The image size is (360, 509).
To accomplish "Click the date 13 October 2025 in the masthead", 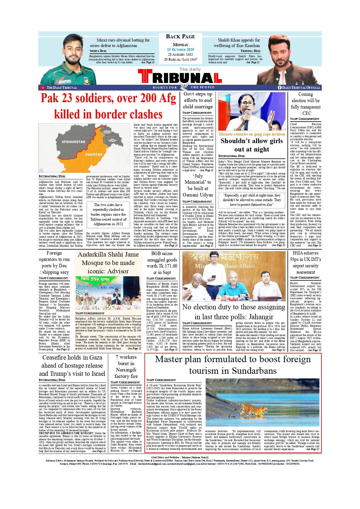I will [x=180, y=50].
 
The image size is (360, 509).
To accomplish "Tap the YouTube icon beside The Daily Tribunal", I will [x=43, y=88].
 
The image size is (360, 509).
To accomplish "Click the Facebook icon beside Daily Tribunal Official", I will [x=280, y=88].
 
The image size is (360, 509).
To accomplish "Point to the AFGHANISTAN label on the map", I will [x=73, y=142].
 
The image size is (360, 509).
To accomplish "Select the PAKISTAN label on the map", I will [x=94, y=155].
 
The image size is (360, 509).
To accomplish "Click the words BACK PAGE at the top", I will [x=180, y=37].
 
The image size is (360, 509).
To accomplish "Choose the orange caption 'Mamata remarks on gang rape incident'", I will [x=252, y=134].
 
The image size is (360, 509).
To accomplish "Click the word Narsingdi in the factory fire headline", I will [x=126, y=370].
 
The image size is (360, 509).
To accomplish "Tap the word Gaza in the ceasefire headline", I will [x=96, y=358].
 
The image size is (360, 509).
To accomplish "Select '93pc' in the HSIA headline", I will [x=297, y=259].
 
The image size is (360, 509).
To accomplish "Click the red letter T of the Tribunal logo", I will [x=145, y=77].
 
